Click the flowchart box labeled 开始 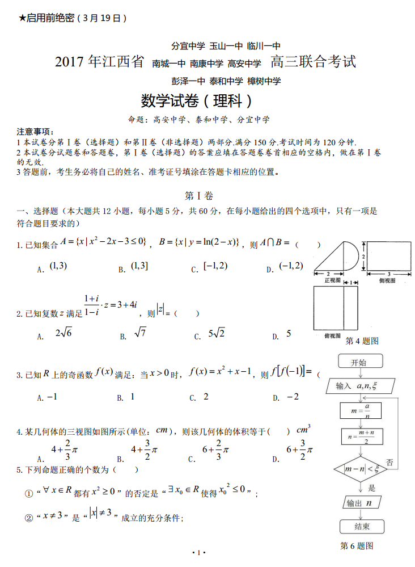[x=359, y=362]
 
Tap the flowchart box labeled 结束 [x=362, y=526]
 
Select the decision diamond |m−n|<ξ [x=361, y=468]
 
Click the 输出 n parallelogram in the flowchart [x=361, y=502]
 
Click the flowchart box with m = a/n [x=361, y=410]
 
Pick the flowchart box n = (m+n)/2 [x=361, y=436]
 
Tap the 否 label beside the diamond [x=390, y=462]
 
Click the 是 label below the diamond [x=372, y=487]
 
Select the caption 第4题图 [x=362, y=341]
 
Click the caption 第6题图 [x=356, y=545]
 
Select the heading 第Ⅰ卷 [x=200, y=196]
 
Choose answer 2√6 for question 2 [x=63, y=334]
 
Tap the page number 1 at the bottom [x=198, y=552]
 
